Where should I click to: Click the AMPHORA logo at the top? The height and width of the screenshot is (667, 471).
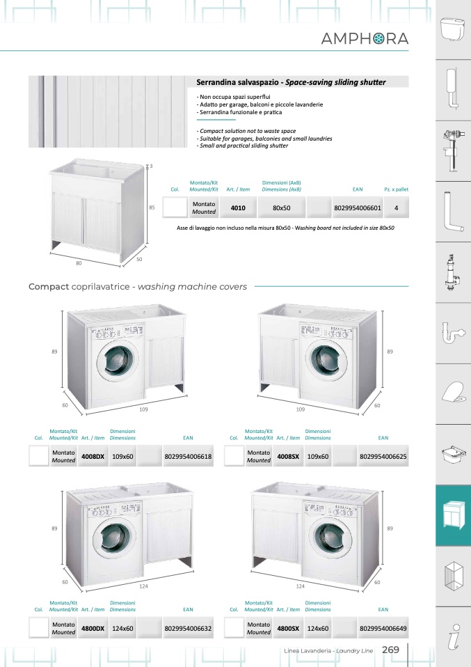[365, 39]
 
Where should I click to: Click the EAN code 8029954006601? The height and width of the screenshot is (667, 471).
[358, 207]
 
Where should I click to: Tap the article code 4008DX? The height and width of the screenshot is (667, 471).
[93, 457]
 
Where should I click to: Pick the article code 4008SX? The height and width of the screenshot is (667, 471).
[288, 457]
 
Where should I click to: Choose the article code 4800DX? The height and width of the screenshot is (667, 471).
[93, 628]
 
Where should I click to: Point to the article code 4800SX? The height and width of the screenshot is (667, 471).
[288, 628]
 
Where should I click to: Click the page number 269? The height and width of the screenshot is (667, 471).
[390, 650]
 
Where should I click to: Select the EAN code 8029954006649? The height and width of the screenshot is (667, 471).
[383, 628]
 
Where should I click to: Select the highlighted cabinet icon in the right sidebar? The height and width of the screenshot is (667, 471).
[453, 516]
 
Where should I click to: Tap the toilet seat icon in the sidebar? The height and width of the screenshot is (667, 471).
[453, 394]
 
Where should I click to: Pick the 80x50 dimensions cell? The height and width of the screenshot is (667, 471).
[281, 207]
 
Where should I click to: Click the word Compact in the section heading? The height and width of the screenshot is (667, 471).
[48, 286]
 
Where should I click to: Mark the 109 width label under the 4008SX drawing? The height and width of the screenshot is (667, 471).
[301, 409]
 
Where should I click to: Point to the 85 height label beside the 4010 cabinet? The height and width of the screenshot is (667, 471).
[151, 207]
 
